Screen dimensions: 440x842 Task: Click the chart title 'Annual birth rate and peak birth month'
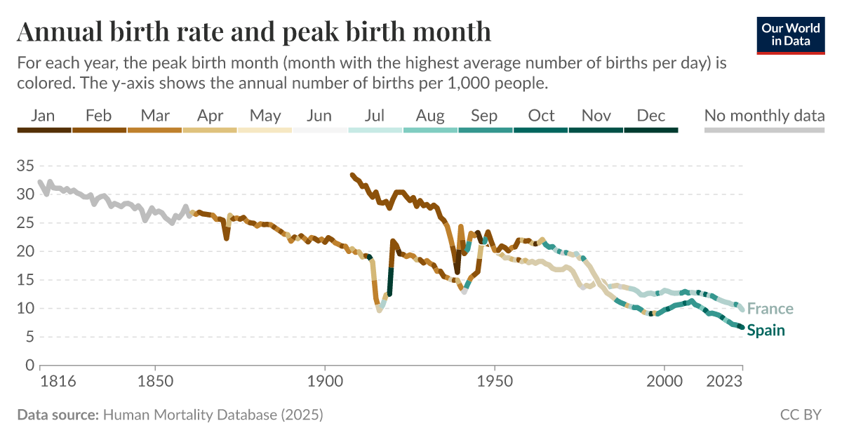tap(253, 32)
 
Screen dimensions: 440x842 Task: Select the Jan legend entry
tap(44, 116)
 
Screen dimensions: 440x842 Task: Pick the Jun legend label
tap(319, 116)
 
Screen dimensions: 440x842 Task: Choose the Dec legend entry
tap(651, 116)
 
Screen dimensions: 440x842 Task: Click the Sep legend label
tap(484, 116)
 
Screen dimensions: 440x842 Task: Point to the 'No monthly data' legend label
tap(764, 116)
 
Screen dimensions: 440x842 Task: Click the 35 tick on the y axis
tap(25, 166)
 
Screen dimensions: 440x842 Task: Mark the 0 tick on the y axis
tap(29, 366)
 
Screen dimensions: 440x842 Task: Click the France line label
tap(770, 309)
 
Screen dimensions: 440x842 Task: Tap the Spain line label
tap(766, 331)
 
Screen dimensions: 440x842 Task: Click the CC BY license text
tap(801, 415)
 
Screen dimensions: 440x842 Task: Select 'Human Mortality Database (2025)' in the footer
tap(213, 415)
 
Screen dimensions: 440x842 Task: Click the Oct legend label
tap(541, 116)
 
